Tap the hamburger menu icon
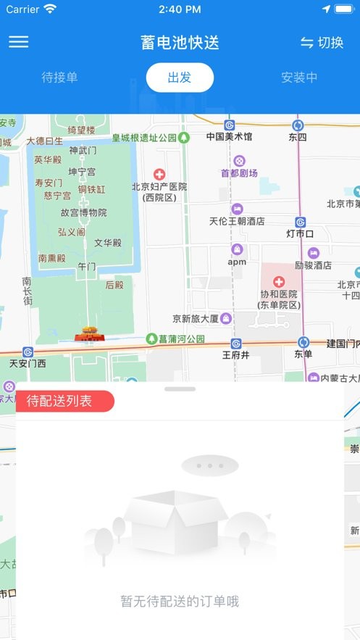(x=19, y=41)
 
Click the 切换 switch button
(x=322, y=43)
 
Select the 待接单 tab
(x=59, y=78)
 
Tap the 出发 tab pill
(x=180, y=78)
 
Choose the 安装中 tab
(x=299, y=78)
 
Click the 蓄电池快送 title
(x=180, y=42)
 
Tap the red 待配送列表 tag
(x=64, y=402)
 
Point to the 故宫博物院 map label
(x=83, y=212)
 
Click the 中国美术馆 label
(x=229, y=136)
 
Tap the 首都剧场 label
(x=239, y=173)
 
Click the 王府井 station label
(x=235, y=355)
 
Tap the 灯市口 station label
(x=300, y=233)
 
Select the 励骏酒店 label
(x=313, y=265)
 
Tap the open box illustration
(x=175, y=519)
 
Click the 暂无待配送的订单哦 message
(x=180, y=601)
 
